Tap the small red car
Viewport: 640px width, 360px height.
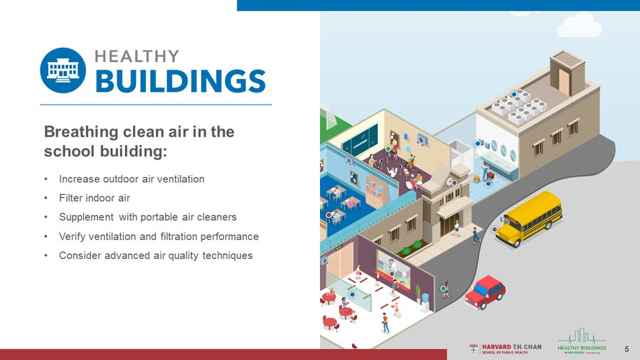click(485, 291)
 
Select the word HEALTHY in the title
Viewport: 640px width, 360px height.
click(137, 55)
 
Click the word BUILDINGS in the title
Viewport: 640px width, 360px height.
click(180, 81)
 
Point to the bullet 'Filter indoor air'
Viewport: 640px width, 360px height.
click(95, 198)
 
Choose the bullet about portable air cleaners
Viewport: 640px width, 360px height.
click(148, 217)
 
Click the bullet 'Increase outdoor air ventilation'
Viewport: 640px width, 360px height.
click(132, 179)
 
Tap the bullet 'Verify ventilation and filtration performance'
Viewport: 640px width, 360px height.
click(159, 236)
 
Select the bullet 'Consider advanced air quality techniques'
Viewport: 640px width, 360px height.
click(156, 255)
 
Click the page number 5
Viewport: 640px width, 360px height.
click(626, 349)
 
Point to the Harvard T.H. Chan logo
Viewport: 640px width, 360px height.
click(506, 349)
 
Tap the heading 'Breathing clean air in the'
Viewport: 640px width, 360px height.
click(139, 132)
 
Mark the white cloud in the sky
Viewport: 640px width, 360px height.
click(588, 27)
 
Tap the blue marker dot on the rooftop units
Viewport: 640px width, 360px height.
click(514, 94)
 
